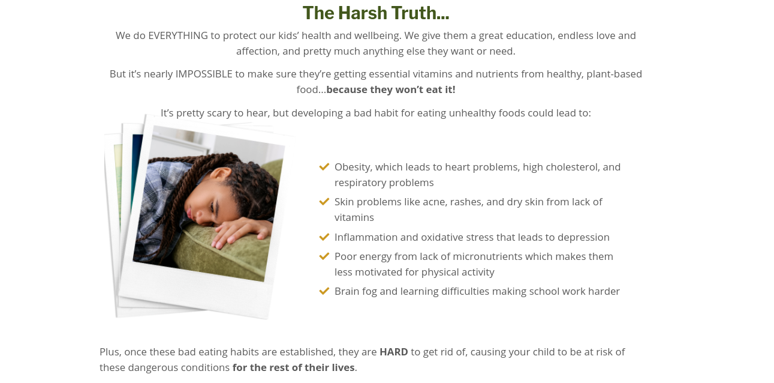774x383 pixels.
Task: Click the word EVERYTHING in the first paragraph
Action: (x=178, y=35)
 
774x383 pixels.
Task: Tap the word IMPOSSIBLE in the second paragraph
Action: (x=204, y=74)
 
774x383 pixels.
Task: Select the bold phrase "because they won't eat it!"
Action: (x=391, y=89)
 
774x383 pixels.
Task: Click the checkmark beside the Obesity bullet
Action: (x=324, y=167)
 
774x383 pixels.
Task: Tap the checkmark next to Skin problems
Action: (x=324, y=201)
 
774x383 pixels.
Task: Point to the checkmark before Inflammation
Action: (x=324, y=237)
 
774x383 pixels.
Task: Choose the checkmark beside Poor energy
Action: (x=324, y=256)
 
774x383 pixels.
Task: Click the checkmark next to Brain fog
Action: (x=324, y=291)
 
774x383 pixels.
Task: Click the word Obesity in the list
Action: (x=353, y=167)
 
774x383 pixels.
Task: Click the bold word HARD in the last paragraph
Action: (x=393, y=352)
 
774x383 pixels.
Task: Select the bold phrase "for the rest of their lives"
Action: (x=293, y=367)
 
